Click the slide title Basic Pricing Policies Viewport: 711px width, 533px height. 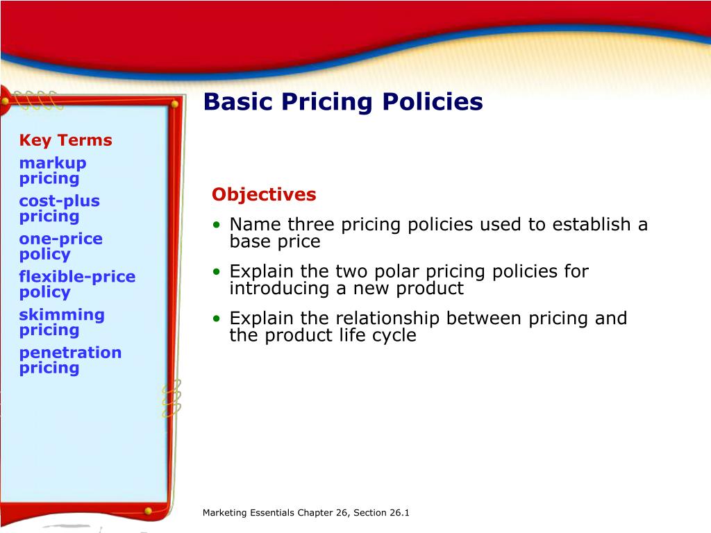point(343,102)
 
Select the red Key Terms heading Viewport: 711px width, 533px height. point(65,140)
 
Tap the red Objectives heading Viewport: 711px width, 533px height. point(264,194)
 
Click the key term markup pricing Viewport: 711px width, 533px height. point(53,171)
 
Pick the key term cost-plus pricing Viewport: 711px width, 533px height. point(59,208)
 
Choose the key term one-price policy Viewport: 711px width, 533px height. point(60,246)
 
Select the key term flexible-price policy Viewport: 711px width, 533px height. point(77,284)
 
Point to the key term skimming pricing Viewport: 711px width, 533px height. point(62,322)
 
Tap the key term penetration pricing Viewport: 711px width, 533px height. point(70,359)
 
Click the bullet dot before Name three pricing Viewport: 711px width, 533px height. point(218,226)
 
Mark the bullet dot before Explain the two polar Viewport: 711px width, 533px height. point(218,272)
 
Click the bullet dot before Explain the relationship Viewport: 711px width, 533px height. point(218,319)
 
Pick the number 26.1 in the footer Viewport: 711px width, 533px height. point(399,513)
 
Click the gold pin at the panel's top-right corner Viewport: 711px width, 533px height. point(175,104)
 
